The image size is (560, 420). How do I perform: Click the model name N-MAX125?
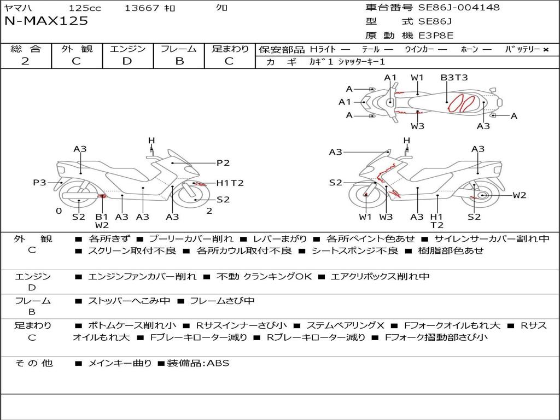click(x=46, y=21)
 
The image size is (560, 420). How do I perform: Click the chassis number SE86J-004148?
click(x=459, y=7)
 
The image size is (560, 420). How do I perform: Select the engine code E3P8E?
click(x=436, y=36)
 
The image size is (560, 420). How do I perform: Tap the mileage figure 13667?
click(x=142, y=8)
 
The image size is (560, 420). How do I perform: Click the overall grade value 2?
click(x=25, y=61)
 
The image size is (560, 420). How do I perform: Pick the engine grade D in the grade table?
click(x=127, y=61)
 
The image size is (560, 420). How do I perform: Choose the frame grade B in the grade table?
click(x=179, y=61)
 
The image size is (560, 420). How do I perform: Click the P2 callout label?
click(x=223, y=163)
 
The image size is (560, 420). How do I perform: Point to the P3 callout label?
click(x=39, y=183)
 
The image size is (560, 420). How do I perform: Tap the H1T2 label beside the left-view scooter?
click(x=230, y=183)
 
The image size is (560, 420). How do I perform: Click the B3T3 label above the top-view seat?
click(x=454, y=78)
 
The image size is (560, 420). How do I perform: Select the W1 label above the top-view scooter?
click(x=417, y=78)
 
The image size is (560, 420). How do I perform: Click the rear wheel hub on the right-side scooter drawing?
click(x=483, y=195)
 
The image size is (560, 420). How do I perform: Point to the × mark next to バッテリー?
click(x=545, y=50)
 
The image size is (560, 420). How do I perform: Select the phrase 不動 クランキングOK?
click(x=264, y=276)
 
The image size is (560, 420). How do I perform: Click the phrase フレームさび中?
click(x=222, y=301)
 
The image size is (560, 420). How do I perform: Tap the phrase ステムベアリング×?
click(x=346, y=325)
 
